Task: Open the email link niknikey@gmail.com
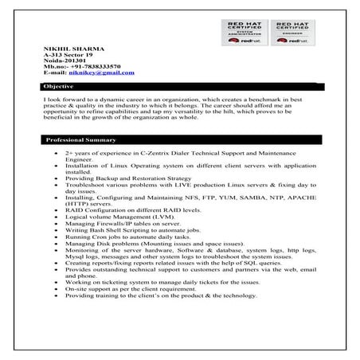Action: tap(101, 72)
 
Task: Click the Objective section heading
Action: tap(60, 85)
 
